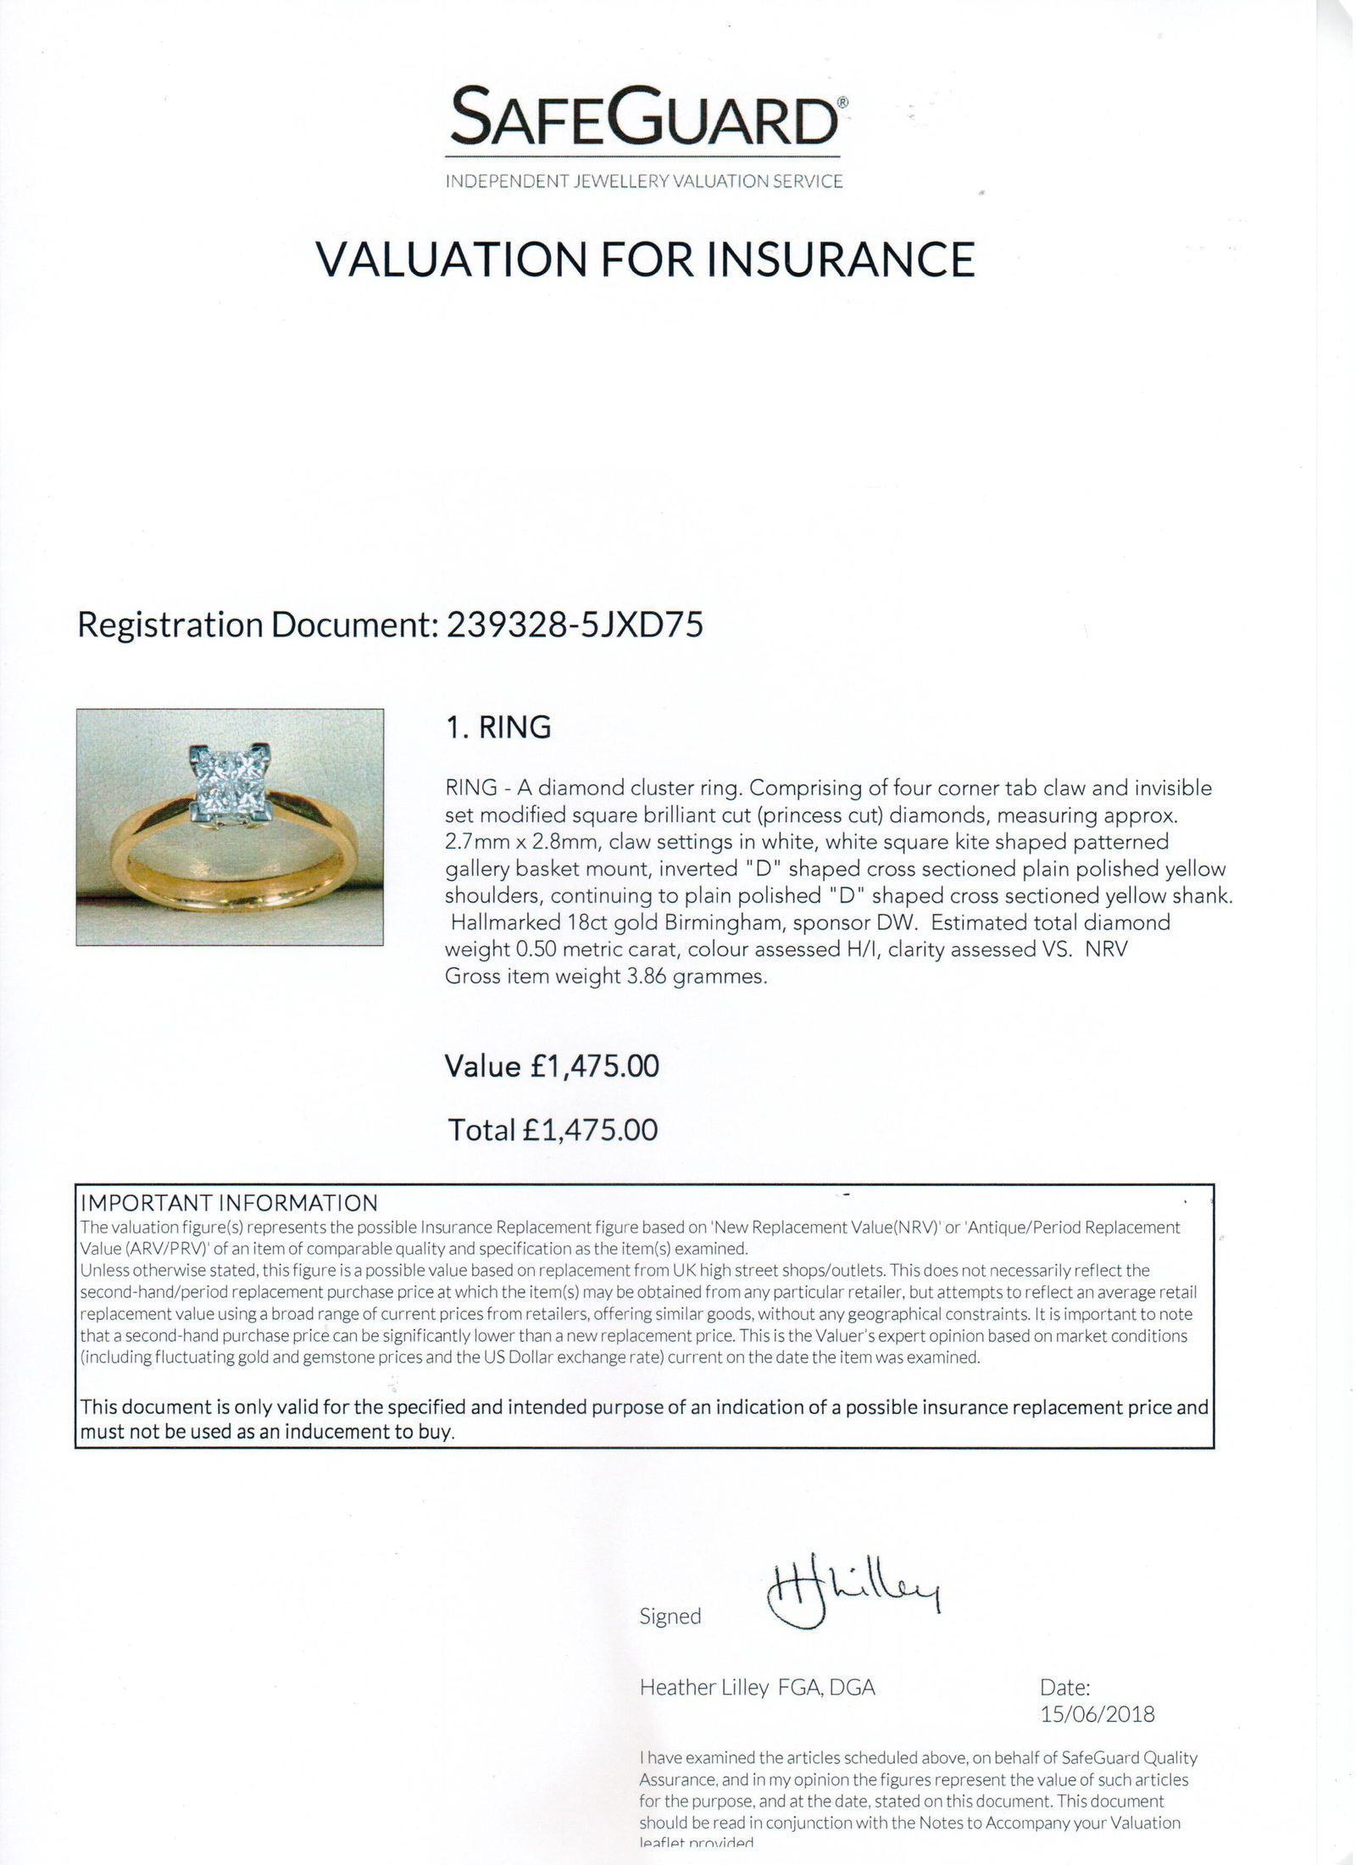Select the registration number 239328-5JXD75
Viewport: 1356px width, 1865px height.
tap(570, 626)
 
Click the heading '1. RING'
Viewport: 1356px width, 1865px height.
tap(498, 727)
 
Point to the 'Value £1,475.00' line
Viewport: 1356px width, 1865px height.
tap(552, 1066)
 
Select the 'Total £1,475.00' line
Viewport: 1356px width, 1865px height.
tap(552, 1129)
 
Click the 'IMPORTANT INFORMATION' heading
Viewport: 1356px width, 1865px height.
tap(229, 1203)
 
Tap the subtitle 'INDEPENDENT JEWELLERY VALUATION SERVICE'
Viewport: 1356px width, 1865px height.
tap(645, 181)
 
